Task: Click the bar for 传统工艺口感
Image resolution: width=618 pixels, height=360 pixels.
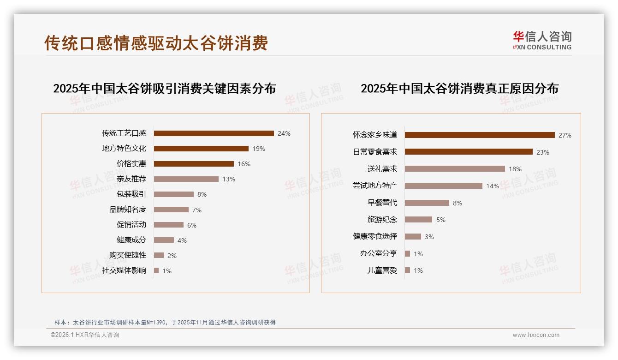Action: tap(214, 133)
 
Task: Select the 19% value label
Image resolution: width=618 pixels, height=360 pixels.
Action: tap(258, 149)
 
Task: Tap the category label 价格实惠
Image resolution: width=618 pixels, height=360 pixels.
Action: tap(131, 164)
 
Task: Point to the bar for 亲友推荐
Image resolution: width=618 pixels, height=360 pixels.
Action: tap(186, 179)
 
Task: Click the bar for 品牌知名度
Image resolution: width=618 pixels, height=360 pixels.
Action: tap(171, 210)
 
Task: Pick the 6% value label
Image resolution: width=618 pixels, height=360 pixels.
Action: tap(192, 225)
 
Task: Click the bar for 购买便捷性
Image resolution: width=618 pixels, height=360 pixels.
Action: tap(159, 255)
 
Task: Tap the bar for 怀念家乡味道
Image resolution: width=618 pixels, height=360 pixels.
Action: tap(480, 135)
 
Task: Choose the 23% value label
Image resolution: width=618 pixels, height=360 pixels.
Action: tap(543, 152)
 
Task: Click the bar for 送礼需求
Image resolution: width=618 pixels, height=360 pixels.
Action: tap(455, 169)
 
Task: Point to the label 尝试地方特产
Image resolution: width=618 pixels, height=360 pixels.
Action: tap(375, 186)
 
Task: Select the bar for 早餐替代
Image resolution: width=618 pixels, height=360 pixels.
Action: tap(427, 203)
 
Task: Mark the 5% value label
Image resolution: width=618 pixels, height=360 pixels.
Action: tap(441, 220)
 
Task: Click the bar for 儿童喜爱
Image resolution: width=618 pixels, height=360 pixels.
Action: tap(407, 270)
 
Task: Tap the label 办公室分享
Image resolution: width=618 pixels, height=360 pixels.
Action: tap(379, 253)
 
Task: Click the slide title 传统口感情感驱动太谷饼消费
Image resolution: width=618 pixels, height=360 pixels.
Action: tap(156, 43)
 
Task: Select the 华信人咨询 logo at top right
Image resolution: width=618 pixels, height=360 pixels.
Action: tap(542, 40)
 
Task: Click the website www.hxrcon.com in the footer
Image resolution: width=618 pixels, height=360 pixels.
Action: tap(536, 335)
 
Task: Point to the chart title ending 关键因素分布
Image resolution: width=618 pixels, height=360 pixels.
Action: tap(164, 88)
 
